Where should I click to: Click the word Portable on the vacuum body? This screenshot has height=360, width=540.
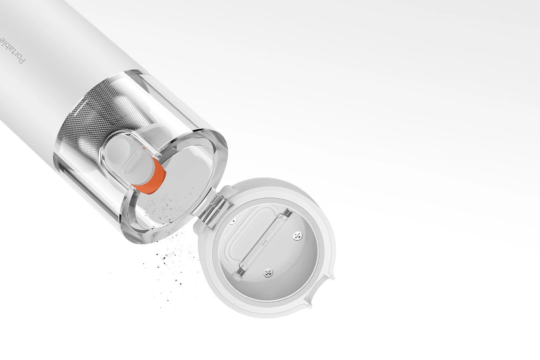click(12, 50)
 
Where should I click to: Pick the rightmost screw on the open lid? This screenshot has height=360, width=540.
click(297, 236)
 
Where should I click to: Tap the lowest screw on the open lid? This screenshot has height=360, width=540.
click(268, 273)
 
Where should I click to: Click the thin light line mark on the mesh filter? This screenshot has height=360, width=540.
click(78, 106)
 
